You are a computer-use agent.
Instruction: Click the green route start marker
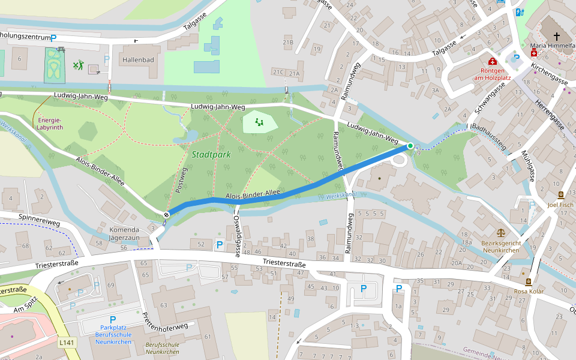pos(410,146)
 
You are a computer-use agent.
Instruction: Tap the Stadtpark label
pos(211,155)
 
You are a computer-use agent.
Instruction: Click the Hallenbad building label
pos(138,60)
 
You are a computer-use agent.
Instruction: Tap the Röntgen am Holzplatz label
pos(492,73)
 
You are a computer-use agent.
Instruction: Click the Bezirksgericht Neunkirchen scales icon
pos(500,232)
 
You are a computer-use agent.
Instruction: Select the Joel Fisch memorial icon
pos(560,195)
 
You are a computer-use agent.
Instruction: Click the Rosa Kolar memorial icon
pos(528,281)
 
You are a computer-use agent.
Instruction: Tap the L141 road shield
pos(67,343)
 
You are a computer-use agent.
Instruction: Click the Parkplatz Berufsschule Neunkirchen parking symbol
pos(112,320)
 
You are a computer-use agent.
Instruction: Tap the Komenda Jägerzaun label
pos(124,234)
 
